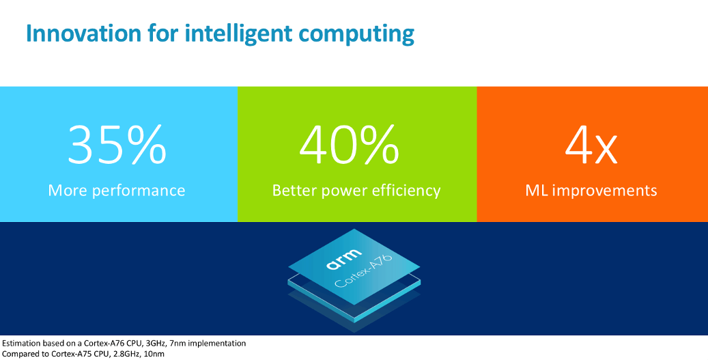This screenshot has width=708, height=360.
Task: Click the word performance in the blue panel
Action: [x=139, y=191]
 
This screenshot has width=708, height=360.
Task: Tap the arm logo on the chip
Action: [x=344, y=260]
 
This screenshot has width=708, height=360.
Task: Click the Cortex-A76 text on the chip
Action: [x=364, y=272]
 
